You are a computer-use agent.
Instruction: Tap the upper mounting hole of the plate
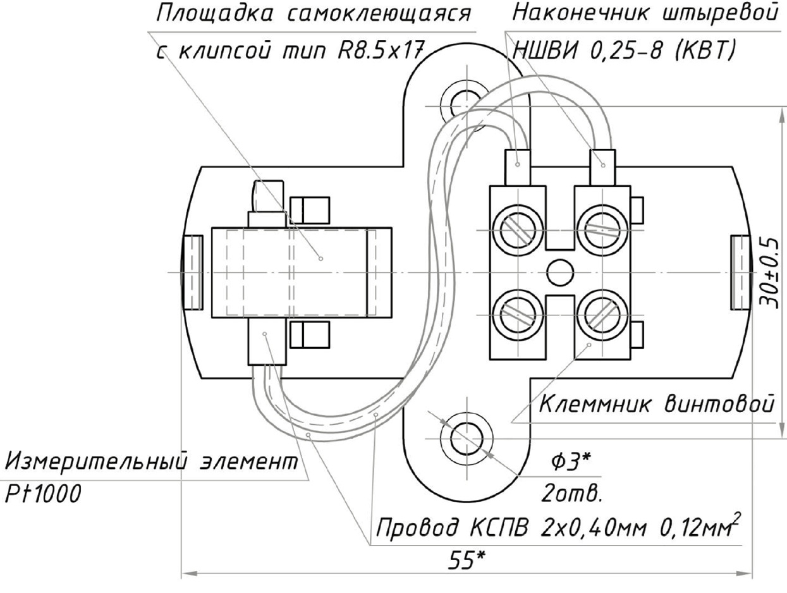pos(465,99)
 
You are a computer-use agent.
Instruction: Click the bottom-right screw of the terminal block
pos(601,315)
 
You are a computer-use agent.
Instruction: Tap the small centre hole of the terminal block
pos(559,272)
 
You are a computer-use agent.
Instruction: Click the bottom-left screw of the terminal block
pos(519,315)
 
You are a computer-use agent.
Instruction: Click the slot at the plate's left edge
pos(192,272)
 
